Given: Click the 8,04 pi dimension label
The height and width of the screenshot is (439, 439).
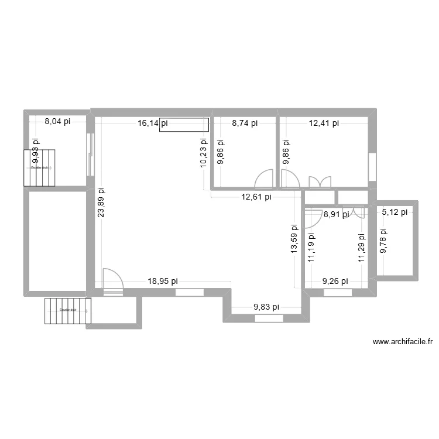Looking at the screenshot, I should [x=57, y=122].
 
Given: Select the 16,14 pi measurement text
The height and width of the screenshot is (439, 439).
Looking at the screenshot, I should [x=152, y=123].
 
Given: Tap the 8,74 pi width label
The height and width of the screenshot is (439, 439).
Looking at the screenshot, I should [x=245, y=123].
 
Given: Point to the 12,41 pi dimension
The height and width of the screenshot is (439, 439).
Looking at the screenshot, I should [x=324, y=123].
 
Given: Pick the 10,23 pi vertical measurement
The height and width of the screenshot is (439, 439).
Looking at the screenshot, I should [x=203, y=153].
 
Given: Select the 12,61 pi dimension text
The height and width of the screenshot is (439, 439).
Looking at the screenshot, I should [x=256, y=197].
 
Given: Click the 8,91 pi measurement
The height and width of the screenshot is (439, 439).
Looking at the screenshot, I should [x=336, y=214].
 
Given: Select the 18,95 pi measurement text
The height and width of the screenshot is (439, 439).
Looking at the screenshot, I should [x=163, y=281].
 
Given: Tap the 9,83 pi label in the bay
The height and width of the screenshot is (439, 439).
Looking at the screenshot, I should [x=266, y=306].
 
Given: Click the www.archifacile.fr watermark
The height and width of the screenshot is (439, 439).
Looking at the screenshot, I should [x=403, y=342].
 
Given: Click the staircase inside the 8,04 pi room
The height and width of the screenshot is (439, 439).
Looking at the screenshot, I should [x=39, y=167].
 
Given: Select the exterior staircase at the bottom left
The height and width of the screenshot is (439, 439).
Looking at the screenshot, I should [x=68, y=310].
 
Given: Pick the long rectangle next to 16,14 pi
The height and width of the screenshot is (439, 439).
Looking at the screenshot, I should [x=184, y=125].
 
